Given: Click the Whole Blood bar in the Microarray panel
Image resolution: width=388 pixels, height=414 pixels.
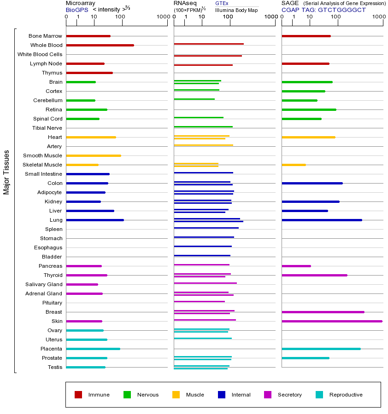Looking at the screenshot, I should pyautogui.click(x=100, y=45).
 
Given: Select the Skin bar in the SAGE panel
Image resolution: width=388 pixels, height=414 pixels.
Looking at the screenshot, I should pyautogui.click(x=332, y=321).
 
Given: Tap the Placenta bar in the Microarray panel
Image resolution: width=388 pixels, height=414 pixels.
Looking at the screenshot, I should pyautogui.click(x=93, y=349).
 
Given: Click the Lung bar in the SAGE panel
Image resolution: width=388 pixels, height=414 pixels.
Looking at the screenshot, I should pyautogui.click(x=322, y=220).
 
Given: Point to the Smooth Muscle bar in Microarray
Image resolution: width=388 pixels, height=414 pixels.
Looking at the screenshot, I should pyautogui.click(x=94, y=155).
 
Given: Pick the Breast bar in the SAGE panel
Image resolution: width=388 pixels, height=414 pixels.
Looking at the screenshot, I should pyautogui.click(x=323, y=312).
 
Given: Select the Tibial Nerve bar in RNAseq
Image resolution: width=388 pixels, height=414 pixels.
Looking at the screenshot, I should pyautogui.click(x=203, y=126).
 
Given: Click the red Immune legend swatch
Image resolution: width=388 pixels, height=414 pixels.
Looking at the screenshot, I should pyautogui.click(x=78, y=395).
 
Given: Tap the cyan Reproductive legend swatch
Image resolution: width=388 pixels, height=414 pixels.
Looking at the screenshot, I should pyautogui.click(x=319, y=395).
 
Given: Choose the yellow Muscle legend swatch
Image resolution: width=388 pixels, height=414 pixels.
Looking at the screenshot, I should pyautogui.click(x=176, y=395).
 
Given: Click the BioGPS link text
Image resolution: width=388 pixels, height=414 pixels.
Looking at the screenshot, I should pyautogui.click(x=77, y=9).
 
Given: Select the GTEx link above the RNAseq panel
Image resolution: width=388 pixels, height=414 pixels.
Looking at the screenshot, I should pyautogui.click(x=222, y=3).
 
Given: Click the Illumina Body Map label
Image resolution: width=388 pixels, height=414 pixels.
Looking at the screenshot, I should pyautogui.click(x=236, y=10).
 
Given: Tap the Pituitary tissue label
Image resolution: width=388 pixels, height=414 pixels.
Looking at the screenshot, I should pyautogui.click(x=52, y=303).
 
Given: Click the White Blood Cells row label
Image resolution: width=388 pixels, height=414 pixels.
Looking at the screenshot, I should pyautogui.click(x=40, y=54).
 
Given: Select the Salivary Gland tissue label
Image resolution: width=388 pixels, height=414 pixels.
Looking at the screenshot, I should pyautogui.click(x=44, y=284).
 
